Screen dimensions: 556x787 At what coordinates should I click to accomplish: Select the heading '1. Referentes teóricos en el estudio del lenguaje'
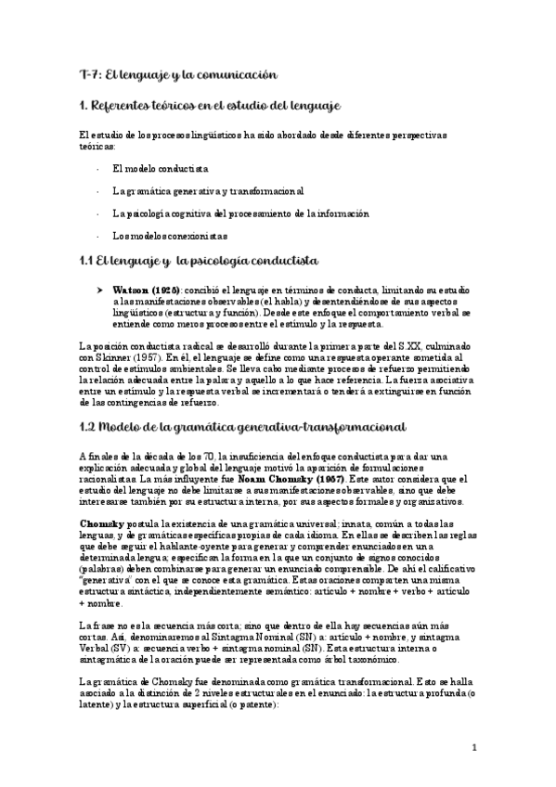pos(213,107)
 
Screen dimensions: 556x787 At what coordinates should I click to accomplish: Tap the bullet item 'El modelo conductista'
pos(160,169)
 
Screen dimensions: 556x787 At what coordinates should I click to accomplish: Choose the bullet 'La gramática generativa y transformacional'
pos(207,191)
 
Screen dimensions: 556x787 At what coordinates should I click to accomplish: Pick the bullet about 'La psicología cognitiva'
pos(239,213)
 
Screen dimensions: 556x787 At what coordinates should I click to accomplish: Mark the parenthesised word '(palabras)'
pos(103,568)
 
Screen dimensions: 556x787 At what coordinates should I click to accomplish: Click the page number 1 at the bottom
pos(473,746)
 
